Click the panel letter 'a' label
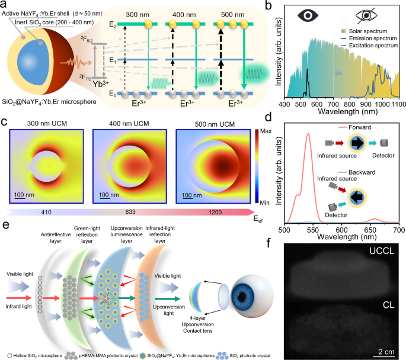coord(5,6)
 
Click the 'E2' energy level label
coord(112,23)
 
